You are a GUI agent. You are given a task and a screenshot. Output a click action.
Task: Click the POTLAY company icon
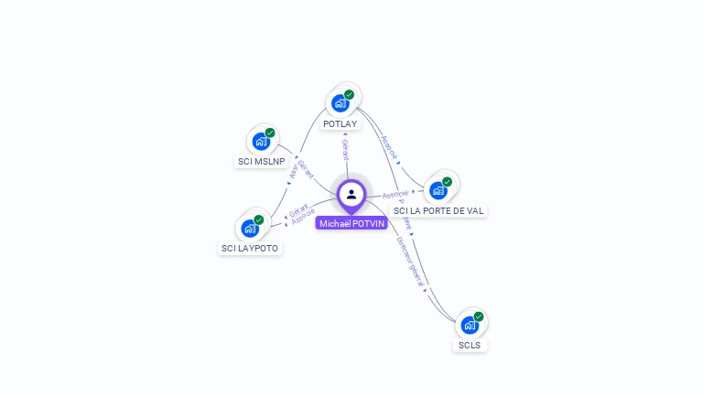click(x=341, y=102)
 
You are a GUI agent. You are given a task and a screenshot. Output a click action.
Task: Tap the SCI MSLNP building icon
click(x=261, y=142)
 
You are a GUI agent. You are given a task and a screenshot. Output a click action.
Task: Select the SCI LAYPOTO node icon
click(x=250, y=228)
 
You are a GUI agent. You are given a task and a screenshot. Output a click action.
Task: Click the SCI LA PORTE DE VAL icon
click(x=438, y=190)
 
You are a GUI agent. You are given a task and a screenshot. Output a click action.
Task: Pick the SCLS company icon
click(x=470, y=325)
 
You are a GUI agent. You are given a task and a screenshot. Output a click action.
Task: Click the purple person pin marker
click(x=351, y=195)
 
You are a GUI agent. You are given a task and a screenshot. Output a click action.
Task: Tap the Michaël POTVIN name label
click(x=351, y=223)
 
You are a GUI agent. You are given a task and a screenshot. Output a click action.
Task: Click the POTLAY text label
click(x=341, y=123)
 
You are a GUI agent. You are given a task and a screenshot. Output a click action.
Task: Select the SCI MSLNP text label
click(x=262, y=162)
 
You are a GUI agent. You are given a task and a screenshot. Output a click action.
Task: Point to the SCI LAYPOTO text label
click(x=250, y=248)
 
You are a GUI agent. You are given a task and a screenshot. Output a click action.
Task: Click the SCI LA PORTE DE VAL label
click(x=438, y=210)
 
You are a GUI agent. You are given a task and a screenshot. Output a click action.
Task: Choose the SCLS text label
click(x=470, y=346)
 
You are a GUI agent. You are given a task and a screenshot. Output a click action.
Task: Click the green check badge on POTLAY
click(x=349, y=94)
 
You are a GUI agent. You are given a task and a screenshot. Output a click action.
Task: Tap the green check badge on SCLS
click(x=478, y=316)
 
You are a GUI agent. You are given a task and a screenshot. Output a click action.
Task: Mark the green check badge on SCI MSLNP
click(x=270, y=133)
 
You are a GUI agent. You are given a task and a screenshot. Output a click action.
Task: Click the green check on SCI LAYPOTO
click(x=259, y=219)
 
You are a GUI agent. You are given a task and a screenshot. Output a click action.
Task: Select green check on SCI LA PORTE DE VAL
click(x=447, y=182)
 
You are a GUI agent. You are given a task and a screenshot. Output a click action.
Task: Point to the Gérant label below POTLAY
click(x=345, y=149)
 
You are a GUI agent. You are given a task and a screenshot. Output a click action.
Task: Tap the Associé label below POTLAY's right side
click(x=388, y=148)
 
